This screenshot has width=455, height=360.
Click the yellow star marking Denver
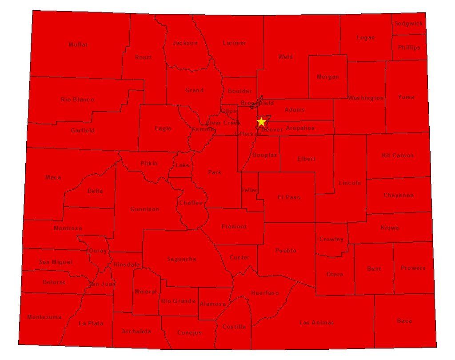pyautogui.click(x=261, y=121)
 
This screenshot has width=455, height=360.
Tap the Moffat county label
pyautogui.click(x=78, y=44)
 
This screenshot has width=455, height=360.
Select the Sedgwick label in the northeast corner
pyautogui.click(x=409, y=24)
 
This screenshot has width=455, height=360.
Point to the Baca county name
pyautogui.click(x=404, y=320)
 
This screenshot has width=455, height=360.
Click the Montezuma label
pyautogui.click(x=44, y=317)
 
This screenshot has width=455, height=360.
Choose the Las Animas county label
pyautogui.click(x=316, y=322)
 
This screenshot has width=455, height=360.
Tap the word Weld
pyautogui.click(x=285, y=57)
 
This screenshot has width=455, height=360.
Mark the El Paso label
pyautogui.click(x=289, y=197)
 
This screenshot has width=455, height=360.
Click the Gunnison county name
pyautogui.click(x=144, y=209)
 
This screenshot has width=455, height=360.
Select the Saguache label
pyautogui.click(x=181, y=259)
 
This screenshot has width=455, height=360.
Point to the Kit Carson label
pyautogui.click(x=398, y=156)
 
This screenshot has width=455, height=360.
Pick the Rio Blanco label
pyautogui.click(x=78, y=100)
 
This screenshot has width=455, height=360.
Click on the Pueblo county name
pyautogui.click(x=286, y=251)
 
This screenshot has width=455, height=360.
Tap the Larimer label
pyautogui.click(x=234, y=43)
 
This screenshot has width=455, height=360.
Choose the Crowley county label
pyautogui.click(x=331, y=239)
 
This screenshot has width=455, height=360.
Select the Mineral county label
pyautogui.click(x=145, y=292)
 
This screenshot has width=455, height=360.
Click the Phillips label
pyautogui.click(x=409, y=48)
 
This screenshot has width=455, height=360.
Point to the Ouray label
pyautogui.click(x=98, y=251)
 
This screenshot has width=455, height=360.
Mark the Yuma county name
pyautogui.click(x=406, y=97)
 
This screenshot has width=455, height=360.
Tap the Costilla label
pyautogui.click(x=234, y=327)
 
